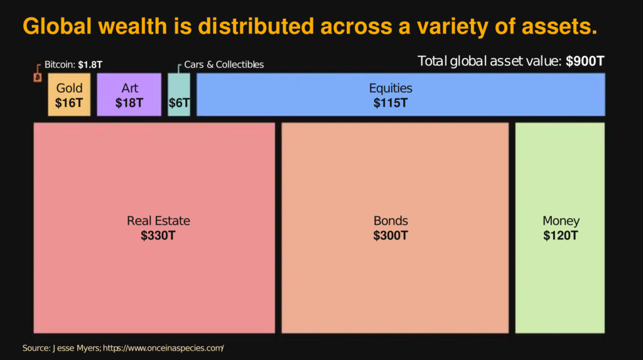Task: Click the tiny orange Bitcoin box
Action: [37, 78]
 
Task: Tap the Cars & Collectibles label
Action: [224, 64]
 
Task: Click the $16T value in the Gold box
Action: [69, 103]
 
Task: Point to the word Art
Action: [129, 89]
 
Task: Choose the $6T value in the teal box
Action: [179, 103]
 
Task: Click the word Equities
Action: [391, 89]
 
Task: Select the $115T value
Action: [391, 103]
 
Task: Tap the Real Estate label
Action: [158, 221]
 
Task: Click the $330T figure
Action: [158, 236]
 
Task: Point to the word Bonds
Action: [391, 221]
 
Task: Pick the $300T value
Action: [391, 236]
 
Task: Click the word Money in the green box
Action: [561, 221]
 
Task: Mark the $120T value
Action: [561, 236]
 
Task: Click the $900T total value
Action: [585, 62]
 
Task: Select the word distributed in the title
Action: [256, 26]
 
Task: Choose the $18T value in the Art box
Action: [129, 103]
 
